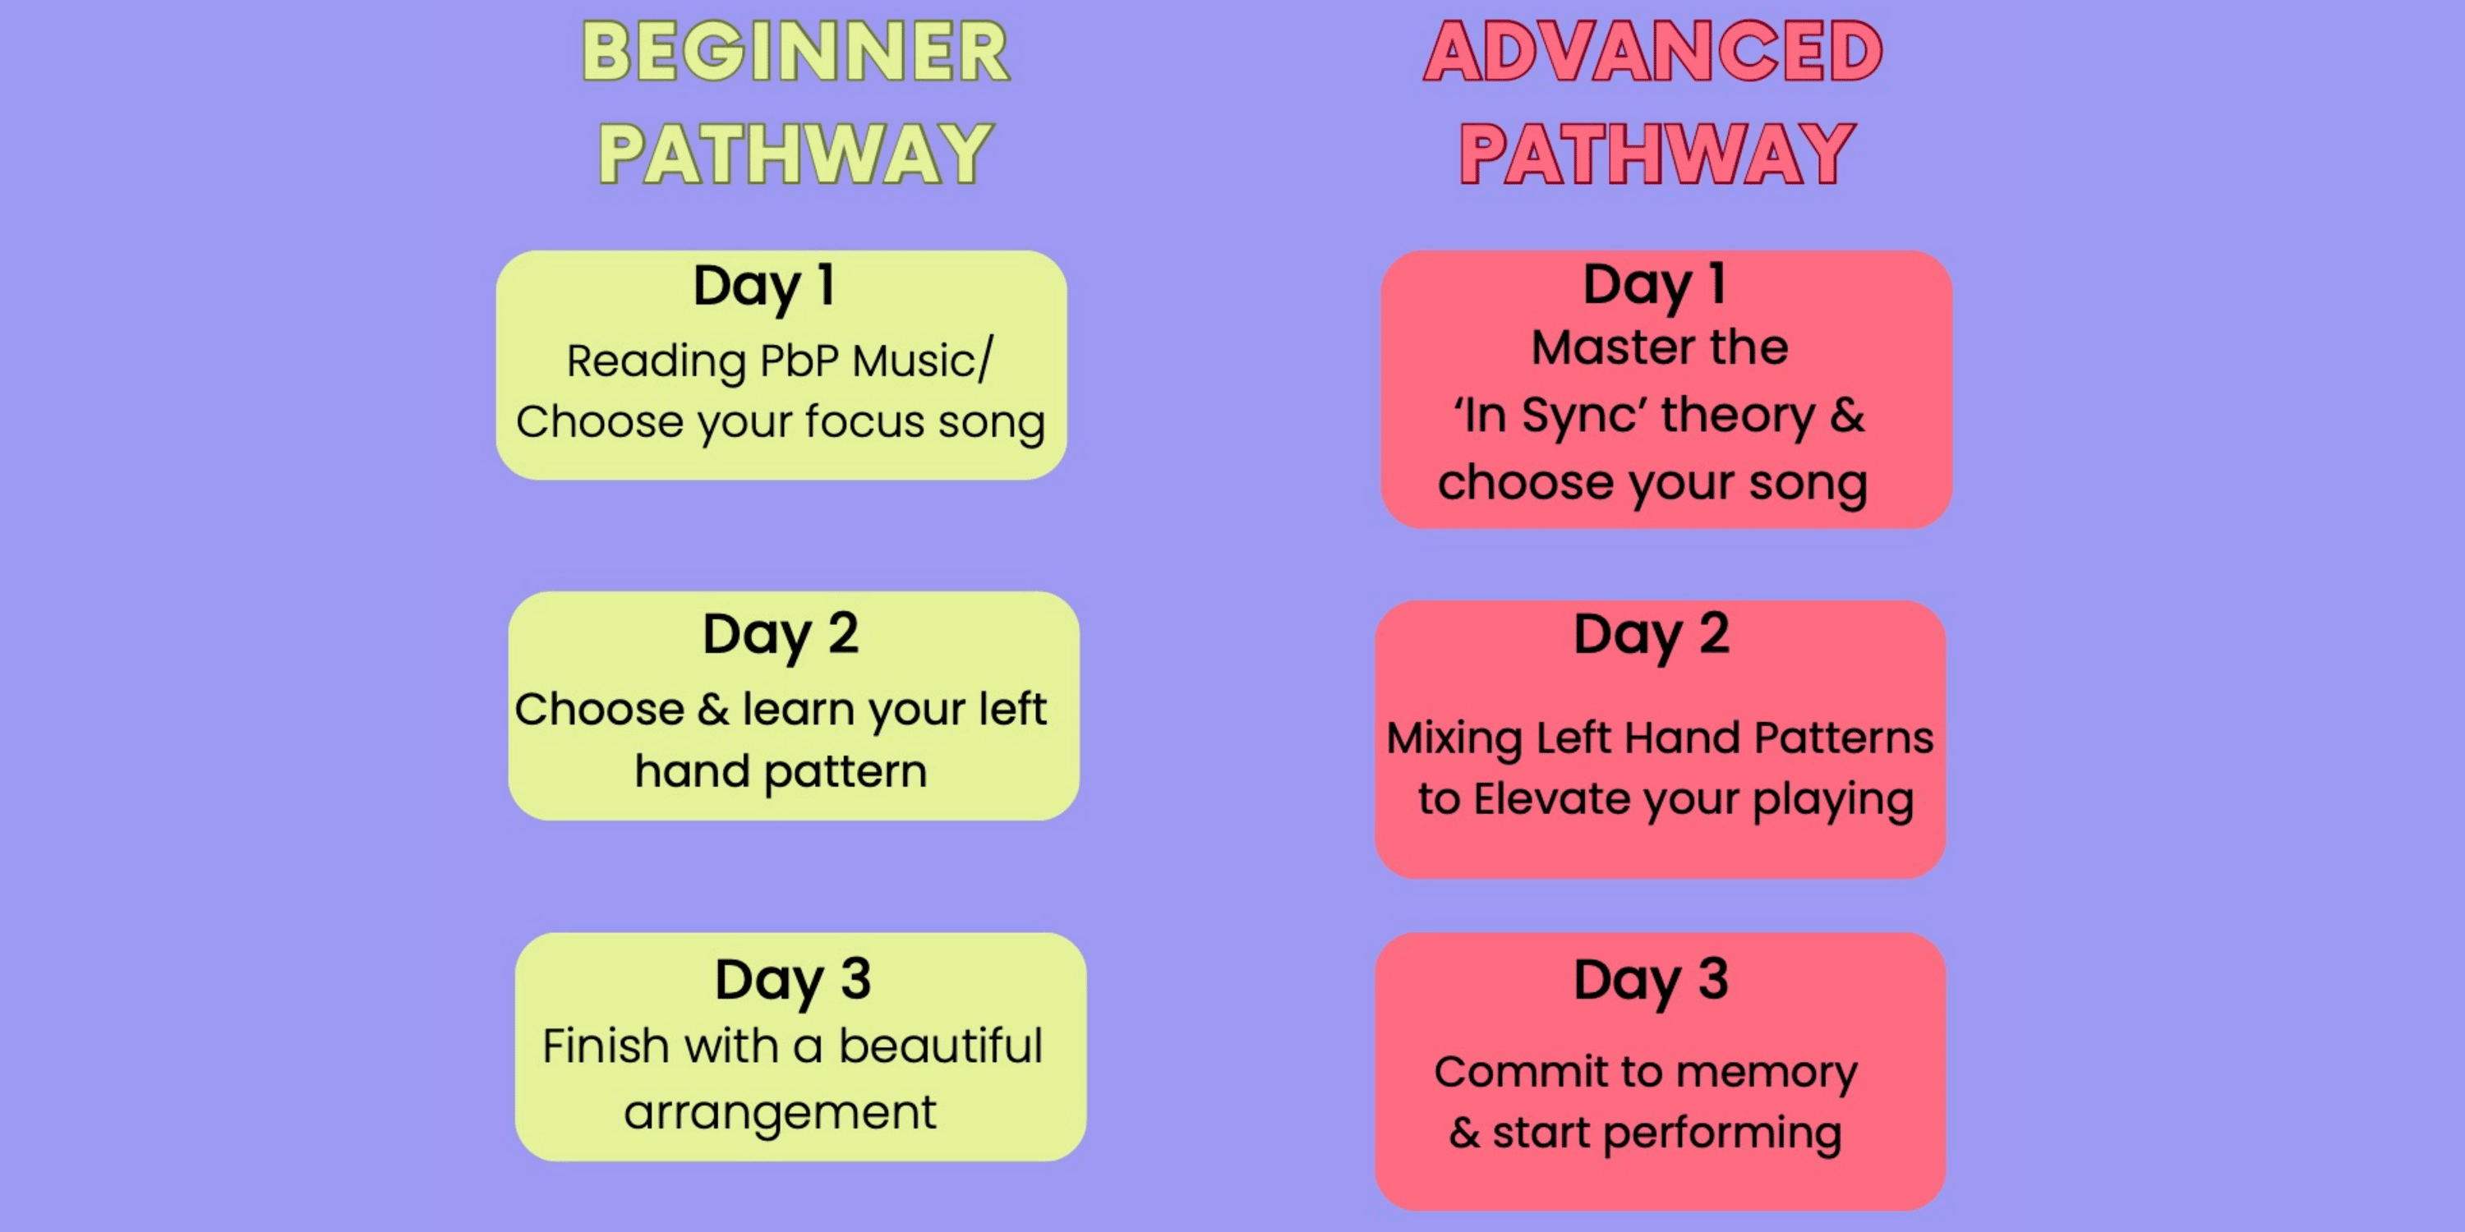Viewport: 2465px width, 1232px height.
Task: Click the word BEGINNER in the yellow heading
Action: click(795, 52)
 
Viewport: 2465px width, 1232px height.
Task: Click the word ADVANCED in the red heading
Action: click(1652, 52)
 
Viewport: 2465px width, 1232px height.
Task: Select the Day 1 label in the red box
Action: click(1655, 285)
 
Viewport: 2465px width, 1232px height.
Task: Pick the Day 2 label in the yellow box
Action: click(780, 636)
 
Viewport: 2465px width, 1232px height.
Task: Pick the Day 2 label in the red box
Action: click(1652, 636)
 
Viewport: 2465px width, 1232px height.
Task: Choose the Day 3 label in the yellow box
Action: click(792, 982)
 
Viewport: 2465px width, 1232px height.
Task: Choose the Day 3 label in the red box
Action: click(1652, 982)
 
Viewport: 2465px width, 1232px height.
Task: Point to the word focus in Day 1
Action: click(865, 422)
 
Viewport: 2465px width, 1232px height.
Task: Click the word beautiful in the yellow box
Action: click(941, 1046)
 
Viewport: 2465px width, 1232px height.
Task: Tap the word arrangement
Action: click(780, 1112)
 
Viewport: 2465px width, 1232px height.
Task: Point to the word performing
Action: click(1722, 1133)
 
